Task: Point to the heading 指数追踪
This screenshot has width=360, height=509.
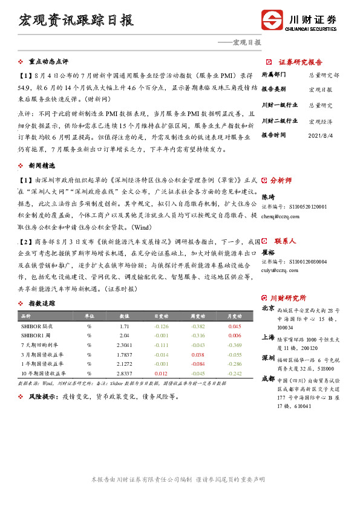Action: pyautogui.click(x=42, y=303)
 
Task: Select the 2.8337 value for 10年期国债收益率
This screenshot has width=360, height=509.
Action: pyautogui.click(x=124, y=374)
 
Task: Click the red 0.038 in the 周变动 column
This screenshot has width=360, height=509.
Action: pyautogui.click(x=197, y=354)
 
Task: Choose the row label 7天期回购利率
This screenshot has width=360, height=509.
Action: pyautogui.click(x=38, y=345)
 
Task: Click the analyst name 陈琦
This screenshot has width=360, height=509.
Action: pyautogui.click(x=267, y=196)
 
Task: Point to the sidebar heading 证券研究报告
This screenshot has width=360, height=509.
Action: pyautogui.click(x=300, y=62)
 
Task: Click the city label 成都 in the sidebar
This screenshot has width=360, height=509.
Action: pyautogui.click(x=267, y=378)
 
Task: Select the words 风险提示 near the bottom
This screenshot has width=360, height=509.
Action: pyautogui.click(x=41, y=397)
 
